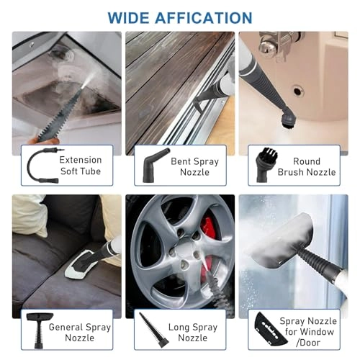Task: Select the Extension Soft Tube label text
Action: coord(80,166)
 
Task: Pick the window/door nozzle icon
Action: coord(266,332)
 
